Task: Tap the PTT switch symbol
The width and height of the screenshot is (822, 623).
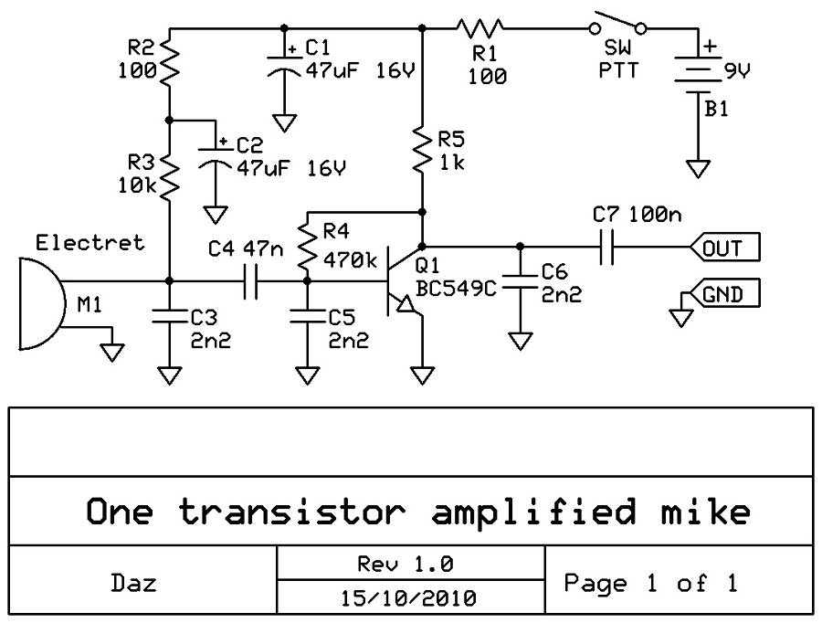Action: click(x=617, y=26)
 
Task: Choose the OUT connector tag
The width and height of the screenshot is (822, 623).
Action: click(x=722, y=247)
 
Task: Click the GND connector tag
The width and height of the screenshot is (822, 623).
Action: click(x=722, y=295)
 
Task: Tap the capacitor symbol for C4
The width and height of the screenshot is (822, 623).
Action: click(x=251, y=282)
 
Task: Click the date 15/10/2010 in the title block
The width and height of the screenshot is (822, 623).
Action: click(x=410, y=599)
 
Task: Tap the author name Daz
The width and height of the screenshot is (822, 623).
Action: click(x=138, y=583)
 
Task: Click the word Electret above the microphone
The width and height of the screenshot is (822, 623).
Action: click(x=90, y=243)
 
